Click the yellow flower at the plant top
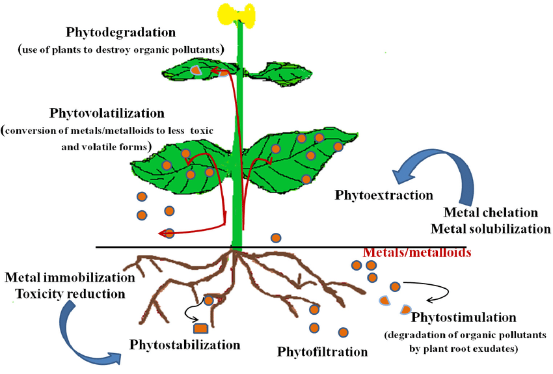click(236, 16)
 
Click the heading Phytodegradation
click(120, 32)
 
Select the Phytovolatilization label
click(107, 113)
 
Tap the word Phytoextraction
click(384, 195)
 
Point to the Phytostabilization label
click(185, 344)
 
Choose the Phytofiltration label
click(322, 351)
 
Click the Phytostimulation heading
click(464, 317)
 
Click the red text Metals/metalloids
click(417, 252)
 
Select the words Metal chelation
click(491, 213)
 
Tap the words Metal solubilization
click(491, 229)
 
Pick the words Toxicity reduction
click(70, 293)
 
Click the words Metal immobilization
click(70, 278)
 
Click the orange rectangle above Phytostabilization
click(200, 328)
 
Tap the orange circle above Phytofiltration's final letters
click(343, 332)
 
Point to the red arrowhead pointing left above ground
click(163, 234)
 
